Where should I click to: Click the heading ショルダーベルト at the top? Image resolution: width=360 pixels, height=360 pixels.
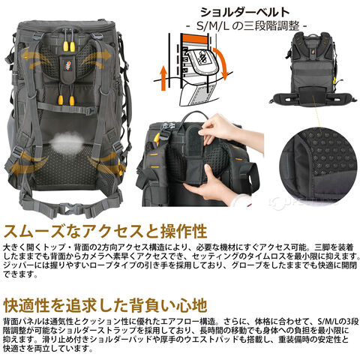(x=245, y=12)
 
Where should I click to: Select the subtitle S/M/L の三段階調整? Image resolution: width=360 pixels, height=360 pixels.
(x=247, y=25)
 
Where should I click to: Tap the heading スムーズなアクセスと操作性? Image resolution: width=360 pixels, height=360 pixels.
(x=106, y=231)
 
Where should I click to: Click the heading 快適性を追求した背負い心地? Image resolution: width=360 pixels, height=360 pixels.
(x=106, y=305)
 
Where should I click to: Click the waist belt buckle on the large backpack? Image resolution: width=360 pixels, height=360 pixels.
(x=70, y=208)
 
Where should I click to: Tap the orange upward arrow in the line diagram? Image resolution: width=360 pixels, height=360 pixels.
(x=163, y=77)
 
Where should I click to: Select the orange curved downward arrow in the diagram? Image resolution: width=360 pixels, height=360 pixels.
(x=221, y=62)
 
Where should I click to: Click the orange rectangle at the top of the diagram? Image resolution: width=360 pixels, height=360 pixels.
(x=195, y=38)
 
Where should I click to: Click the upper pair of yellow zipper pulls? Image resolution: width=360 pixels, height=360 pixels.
(x=69, y=46)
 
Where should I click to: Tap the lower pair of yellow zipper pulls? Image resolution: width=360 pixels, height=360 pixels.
(x=66, y=100)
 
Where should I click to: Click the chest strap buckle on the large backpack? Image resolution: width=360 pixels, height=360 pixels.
(x=91, y=110)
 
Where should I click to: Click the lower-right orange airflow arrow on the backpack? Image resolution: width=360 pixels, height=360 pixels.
(x=108, y=163)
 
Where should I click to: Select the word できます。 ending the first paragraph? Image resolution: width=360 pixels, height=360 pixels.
(x=20, y=274)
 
